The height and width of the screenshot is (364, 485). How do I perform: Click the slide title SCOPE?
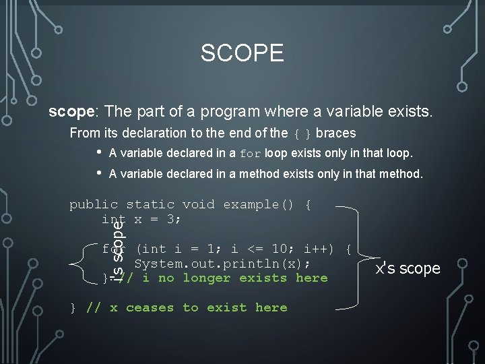pyautogui.click(x=242, y=53)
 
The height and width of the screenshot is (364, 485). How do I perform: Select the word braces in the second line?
pyautogui.click(x=335, y=133)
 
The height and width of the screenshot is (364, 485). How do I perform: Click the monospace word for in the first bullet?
pyautogui.click(x=250, y=153)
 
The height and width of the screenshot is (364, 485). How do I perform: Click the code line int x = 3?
pyautogui.click(x=141, y=219)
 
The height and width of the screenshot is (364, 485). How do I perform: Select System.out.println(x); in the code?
pyautogui.click(x=222, y=263)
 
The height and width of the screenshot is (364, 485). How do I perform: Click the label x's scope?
pyautogui.click(x=408, y=268)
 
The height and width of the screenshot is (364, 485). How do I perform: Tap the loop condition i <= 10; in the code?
pyautogui.click(x=259, y=249)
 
